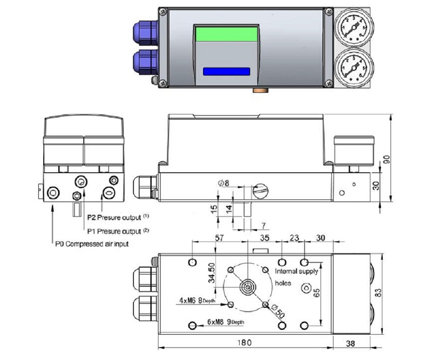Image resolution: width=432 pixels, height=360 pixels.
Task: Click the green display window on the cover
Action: pyautogui.click(x=226, y=34)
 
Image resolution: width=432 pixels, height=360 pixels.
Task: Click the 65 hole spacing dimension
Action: pyautogui.click(x=317, y=292)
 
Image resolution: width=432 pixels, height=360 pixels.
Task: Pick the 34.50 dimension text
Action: pyautogui.click(x=212, y=274)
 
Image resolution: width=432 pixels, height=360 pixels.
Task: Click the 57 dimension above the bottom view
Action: pyautogui.click(x=204, y=237)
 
